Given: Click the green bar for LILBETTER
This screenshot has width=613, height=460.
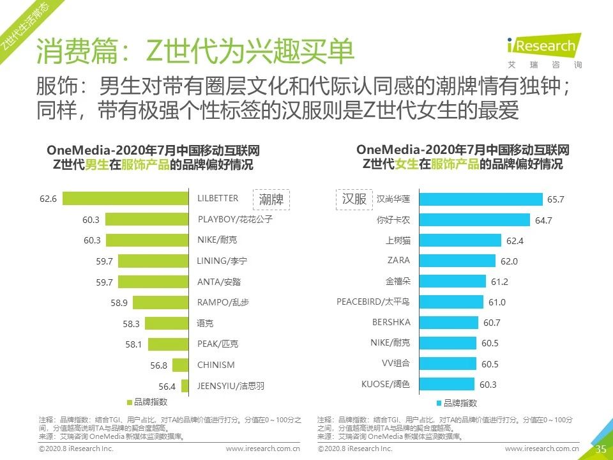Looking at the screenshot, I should [125, 199].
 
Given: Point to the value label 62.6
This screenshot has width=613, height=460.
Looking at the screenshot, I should [48, 199].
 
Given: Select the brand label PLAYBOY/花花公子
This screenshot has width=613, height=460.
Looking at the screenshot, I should [235, 219].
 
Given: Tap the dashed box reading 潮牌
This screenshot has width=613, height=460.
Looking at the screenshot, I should [271, 199].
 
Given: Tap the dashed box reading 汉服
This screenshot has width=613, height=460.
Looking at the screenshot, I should [354, 199].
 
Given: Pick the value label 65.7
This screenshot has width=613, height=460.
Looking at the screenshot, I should [556, 199].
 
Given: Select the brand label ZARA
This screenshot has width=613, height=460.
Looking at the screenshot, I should [398, 261].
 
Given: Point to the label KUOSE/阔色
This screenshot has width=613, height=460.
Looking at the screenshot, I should [386, 384].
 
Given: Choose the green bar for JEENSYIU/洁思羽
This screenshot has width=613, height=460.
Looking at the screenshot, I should [185, 386].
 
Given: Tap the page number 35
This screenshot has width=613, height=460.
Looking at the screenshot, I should [600, 449].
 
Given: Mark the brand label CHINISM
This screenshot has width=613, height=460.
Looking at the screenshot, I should [216, 365].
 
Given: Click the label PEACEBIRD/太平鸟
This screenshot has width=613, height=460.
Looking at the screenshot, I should [374, 302].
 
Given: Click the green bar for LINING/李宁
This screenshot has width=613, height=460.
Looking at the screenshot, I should [153, 261].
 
